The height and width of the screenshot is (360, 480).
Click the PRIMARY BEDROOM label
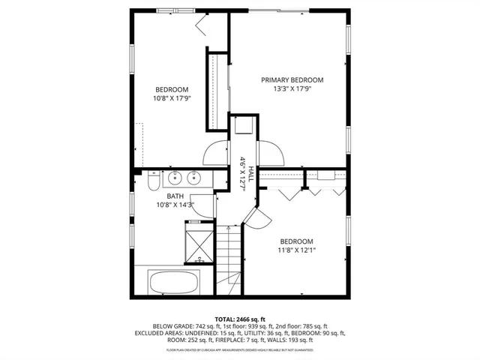(x=292, y=80)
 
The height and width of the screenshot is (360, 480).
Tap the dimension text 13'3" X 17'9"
(x=292, y=89)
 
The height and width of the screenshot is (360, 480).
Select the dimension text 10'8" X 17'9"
(x=172, y=97)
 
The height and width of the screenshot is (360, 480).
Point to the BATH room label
(x=175, y=196)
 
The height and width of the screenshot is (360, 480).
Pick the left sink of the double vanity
(x=175, y=178)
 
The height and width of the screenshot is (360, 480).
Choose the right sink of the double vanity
(x=194, y=178)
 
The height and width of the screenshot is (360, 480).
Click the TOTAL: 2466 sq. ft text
(x=239, y=319)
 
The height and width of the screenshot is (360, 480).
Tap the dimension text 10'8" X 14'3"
(x=175, y=204)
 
